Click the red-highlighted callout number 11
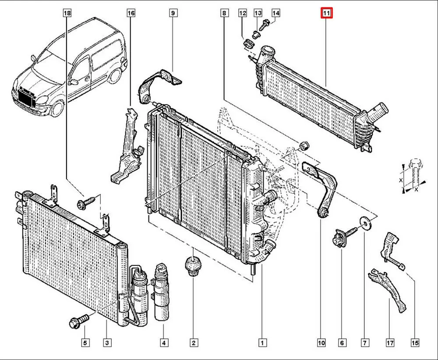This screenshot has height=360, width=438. coord(327,14)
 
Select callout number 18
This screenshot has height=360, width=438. coord(67,14)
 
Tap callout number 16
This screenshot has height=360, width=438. coord(131,14)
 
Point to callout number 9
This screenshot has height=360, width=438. coord(173,14)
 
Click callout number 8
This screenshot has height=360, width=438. coord(224,14)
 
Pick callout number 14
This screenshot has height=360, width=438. coord(276,14)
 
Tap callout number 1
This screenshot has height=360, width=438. coord(262,342)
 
